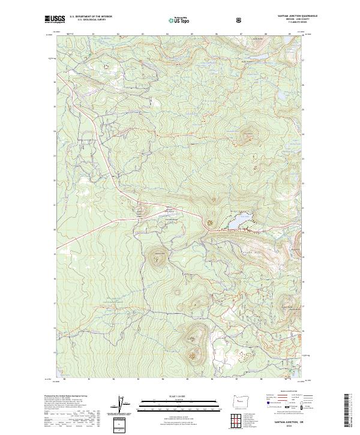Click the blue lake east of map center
click(x=238, y=222)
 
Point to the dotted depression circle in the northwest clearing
click(x=107, y=66)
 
